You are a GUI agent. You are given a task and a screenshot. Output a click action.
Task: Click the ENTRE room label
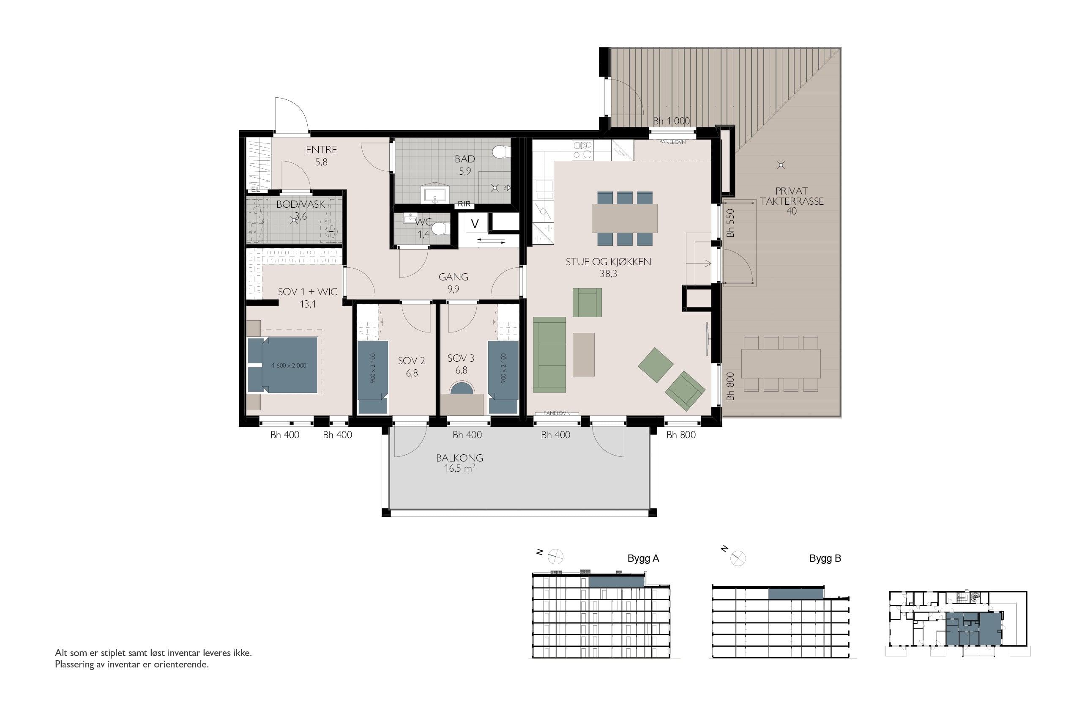tap(321, 150)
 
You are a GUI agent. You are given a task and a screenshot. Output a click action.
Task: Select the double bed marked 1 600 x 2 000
tap(283, 365)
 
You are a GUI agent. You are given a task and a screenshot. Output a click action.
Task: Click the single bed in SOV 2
tap(373, 377)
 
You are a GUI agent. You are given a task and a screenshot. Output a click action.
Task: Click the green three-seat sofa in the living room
tap(549, 354)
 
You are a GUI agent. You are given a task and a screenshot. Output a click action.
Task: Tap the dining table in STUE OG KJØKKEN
tap(625, 218)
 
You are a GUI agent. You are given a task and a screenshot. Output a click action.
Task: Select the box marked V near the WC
tap(475, 224)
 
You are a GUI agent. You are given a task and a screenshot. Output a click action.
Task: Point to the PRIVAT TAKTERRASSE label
tap(792, 196)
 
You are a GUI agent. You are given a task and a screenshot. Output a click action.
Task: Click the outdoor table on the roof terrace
tap(781, 364)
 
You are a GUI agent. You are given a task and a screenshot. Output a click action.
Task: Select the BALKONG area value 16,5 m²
tap(459, 469)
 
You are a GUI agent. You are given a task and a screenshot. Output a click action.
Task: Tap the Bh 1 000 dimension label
tap(671, 121)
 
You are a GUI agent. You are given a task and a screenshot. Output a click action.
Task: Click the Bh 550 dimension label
tap(730, 223)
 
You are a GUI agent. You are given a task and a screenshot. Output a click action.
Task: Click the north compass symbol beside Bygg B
tap(738, 559)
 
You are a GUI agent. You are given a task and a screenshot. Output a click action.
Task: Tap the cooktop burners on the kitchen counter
tap(582, 150)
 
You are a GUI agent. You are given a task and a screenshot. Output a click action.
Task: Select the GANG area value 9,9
tap(453, 289)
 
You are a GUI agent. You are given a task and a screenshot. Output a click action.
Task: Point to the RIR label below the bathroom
tap(464, 204)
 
